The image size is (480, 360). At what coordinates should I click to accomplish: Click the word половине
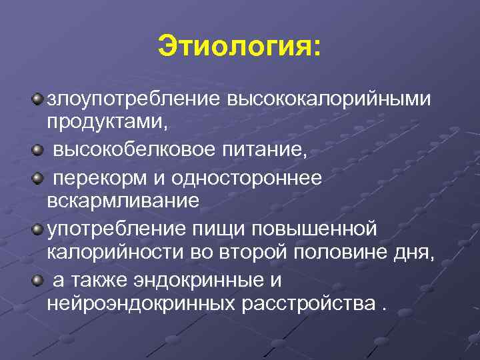(x=336, y=253)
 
